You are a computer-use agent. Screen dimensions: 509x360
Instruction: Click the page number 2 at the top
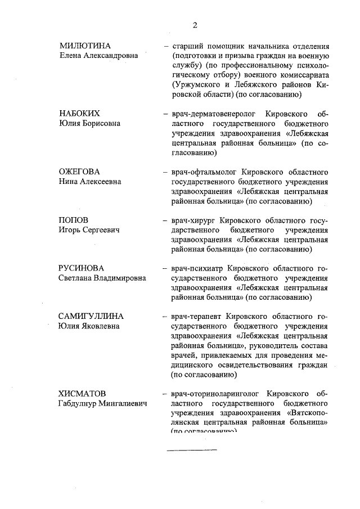tap(195, 25)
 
